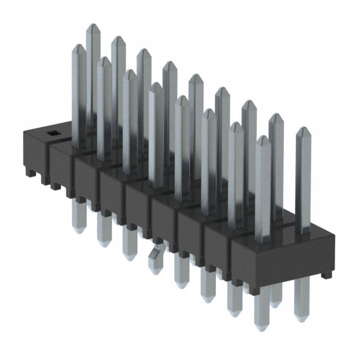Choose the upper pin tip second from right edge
(276, 116)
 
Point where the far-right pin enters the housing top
(303, 231)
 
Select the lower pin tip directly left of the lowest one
(233, 313)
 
